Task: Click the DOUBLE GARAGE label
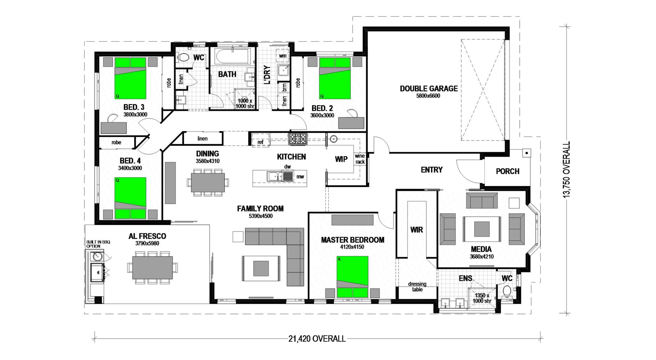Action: point(428,89)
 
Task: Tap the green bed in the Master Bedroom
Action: point(352,277)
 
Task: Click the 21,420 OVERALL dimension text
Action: point(317,339)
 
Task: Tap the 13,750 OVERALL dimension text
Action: point(566,169)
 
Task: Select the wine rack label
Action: point(360,159)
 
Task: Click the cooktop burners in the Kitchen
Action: point(298,138)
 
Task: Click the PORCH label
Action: point(507,171)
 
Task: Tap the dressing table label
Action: point(417,286)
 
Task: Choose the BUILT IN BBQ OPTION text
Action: point(98,244)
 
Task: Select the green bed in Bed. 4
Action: point(130,198)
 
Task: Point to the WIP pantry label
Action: point(341,159)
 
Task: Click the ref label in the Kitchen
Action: point(260,142)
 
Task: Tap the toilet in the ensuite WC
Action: point(507,292)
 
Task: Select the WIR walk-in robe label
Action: point(416,230)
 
